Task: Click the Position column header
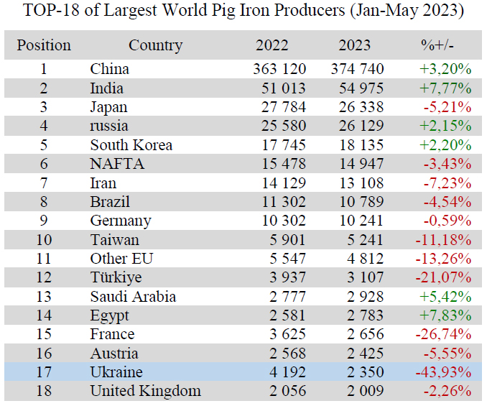click(44, 45)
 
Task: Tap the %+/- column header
click(437, 45)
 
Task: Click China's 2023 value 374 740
click(357, 69)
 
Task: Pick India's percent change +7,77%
click(445, 88)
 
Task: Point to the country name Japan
click(108, 107)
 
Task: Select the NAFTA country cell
click(117, 164)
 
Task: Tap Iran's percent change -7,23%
click(447, 183)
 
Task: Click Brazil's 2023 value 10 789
click(361, 202)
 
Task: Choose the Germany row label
click(121, 221)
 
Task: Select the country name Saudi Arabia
click(133, 297)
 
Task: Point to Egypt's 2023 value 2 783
click(366, 315)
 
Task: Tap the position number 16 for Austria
click(44, 354)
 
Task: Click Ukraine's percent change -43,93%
click(442, 372)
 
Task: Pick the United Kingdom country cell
click(145, 392)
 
